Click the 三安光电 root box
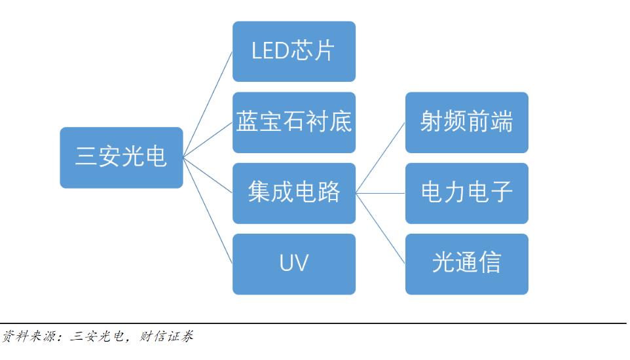(x=121, y=158)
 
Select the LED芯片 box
(x=294, y=52)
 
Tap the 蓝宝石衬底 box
(x=294, y=122)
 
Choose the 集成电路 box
(x=294, y=193)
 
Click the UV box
(x=294, y=264)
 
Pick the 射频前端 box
(x=466, y=122)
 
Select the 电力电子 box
(x=466, y=193)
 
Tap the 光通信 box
(x=466, y=264)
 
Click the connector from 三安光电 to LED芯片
(x=208, y=105)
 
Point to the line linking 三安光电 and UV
(x=208, y=210)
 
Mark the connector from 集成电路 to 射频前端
(x=380, y=158)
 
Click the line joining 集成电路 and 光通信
(x=380, y=228)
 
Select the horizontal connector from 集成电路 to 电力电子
(x=380, y=193)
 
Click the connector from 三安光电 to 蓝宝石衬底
(x=208, y=140)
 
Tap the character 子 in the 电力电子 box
(x=501, y=193)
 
